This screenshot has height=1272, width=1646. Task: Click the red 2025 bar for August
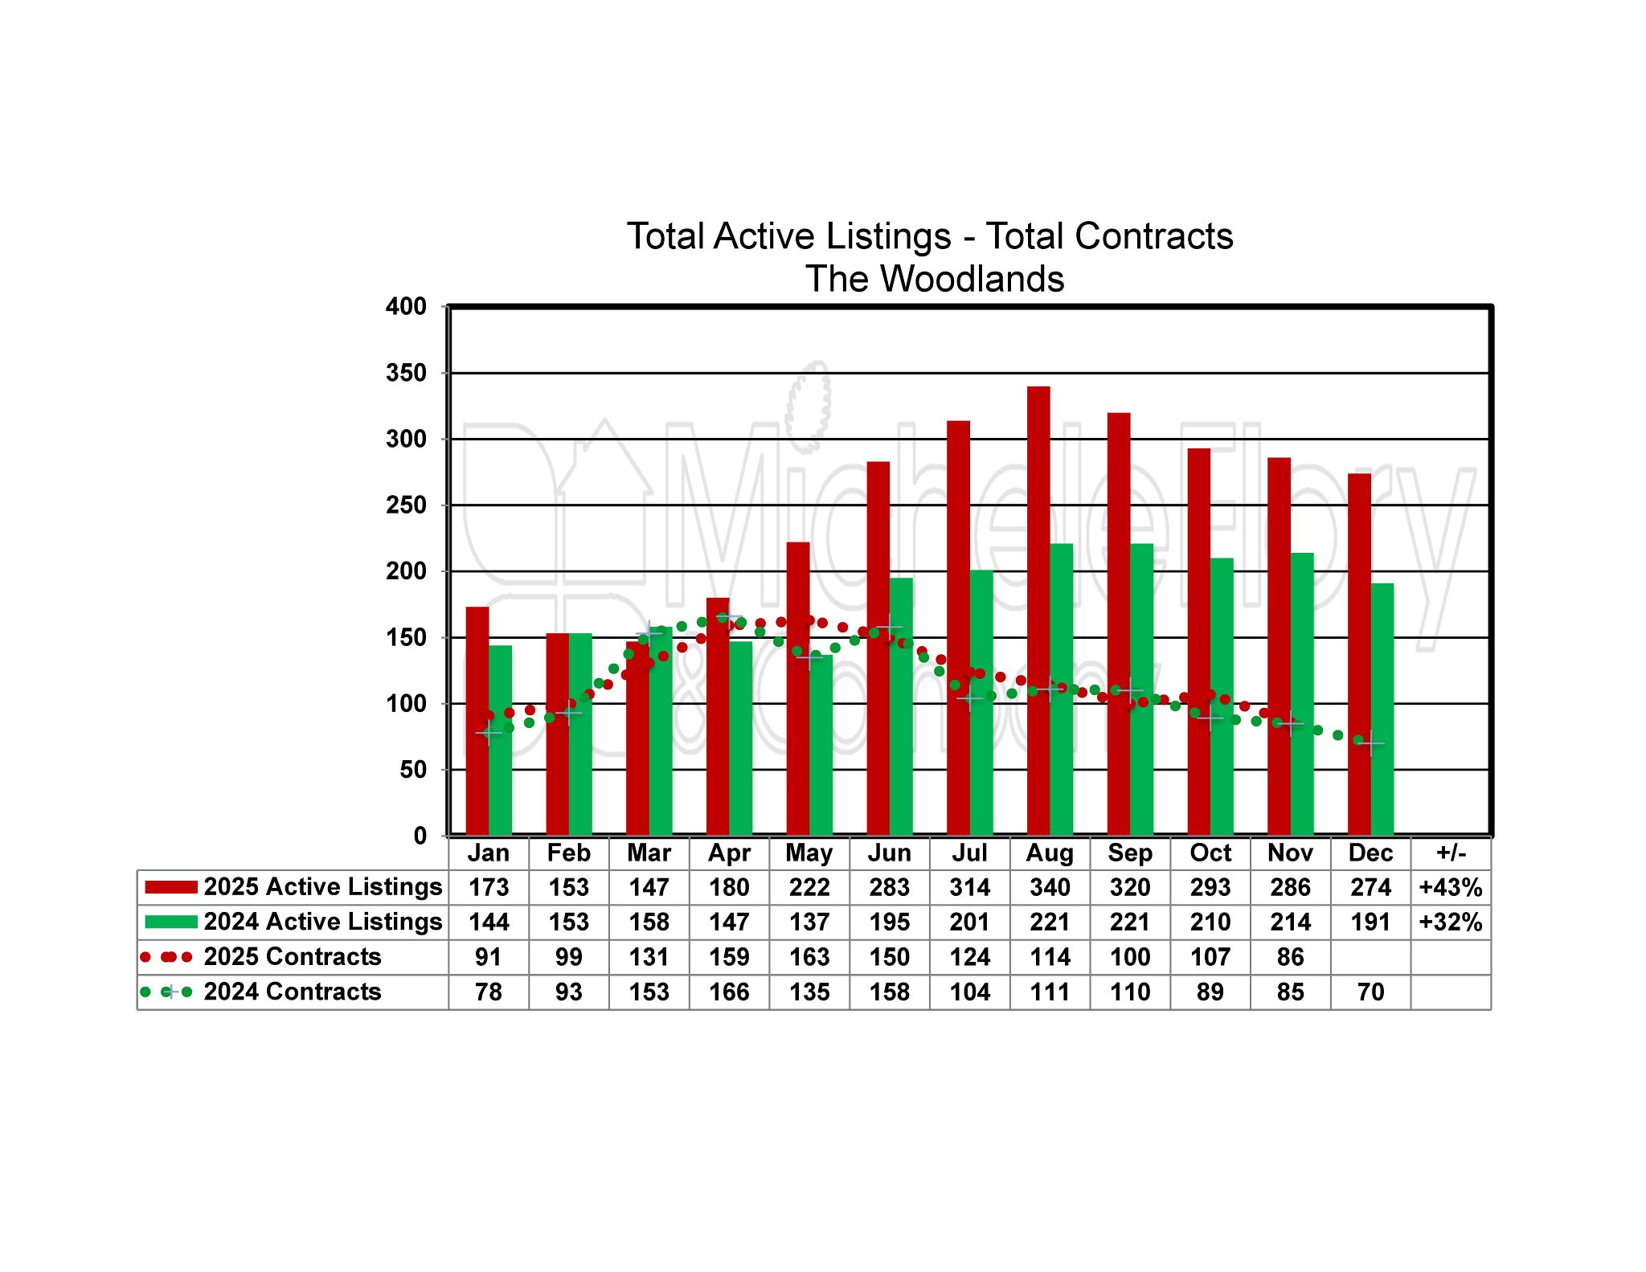[x=1038, y=611]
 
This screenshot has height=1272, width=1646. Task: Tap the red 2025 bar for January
[x=477, y=721]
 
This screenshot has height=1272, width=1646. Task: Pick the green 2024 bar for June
[x=901, y=706]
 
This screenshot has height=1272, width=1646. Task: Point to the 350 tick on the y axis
[x=406, y=374]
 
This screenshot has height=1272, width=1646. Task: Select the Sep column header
[x=1129, y=853]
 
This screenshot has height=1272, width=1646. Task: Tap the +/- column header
[x=1451, y=853]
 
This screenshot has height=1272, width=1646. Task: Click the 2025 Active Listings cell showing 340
[x=1050, y=887]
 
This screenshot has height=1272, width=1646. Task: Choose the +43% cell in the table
[x=1451, y=887]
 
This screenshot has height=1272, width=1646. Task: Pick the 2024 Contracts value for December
[x=1370, y=992]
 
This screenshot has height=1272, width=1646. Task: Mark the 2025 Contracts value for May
[x=809, y=957]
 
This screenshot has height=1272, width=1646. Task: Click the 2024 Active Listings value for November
[x=1290, y=922]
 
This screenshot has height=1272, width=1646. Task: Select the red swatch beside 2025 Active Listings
[x=170, y=887]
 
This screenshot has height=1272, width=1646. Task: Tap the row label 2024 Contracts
[x=293, y=992]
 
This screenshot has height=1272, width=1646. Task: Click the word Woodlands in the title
[x=972, y=279]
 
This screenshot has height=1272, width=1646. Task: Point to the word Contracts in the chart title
[x=1149, y=236]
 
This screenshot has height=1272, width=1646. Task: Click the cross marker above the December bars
[x=1371, y=744]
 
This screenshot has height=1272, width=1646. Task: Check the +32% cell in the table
[x=1451, y=922]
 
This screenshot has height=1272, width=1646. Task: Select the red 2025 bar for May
[x=798, y=689]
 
